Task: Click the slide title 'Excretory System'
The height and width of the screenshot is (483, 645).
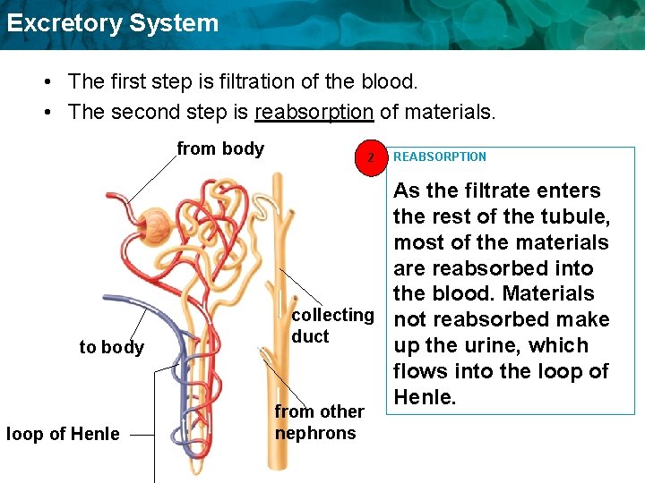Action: pos(112,23)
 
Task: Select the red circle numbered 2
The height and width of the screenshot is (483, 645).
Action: pos(368,157)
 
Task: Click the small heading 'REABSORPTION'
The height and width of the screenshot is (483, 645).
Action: pos(440,157)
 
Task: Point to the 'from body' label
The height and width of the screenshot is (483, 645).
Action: pos(220,148)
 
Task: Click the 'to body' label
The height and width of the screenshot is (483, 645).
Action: pos(111,347)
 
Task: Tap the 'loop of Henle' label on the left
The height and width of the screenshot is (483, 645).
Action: pos(63,435)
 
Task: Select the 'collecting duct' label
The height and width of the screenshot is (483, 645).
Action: pos(332,326)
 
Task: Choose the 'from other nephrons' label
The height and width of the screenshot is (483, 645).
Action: pos(319,422)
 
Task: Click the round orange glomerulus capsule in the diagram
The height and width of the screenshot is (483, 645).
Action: pos(158,221)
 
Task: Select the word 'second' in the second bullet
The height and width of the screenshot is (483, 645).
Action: pos(140,113)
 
